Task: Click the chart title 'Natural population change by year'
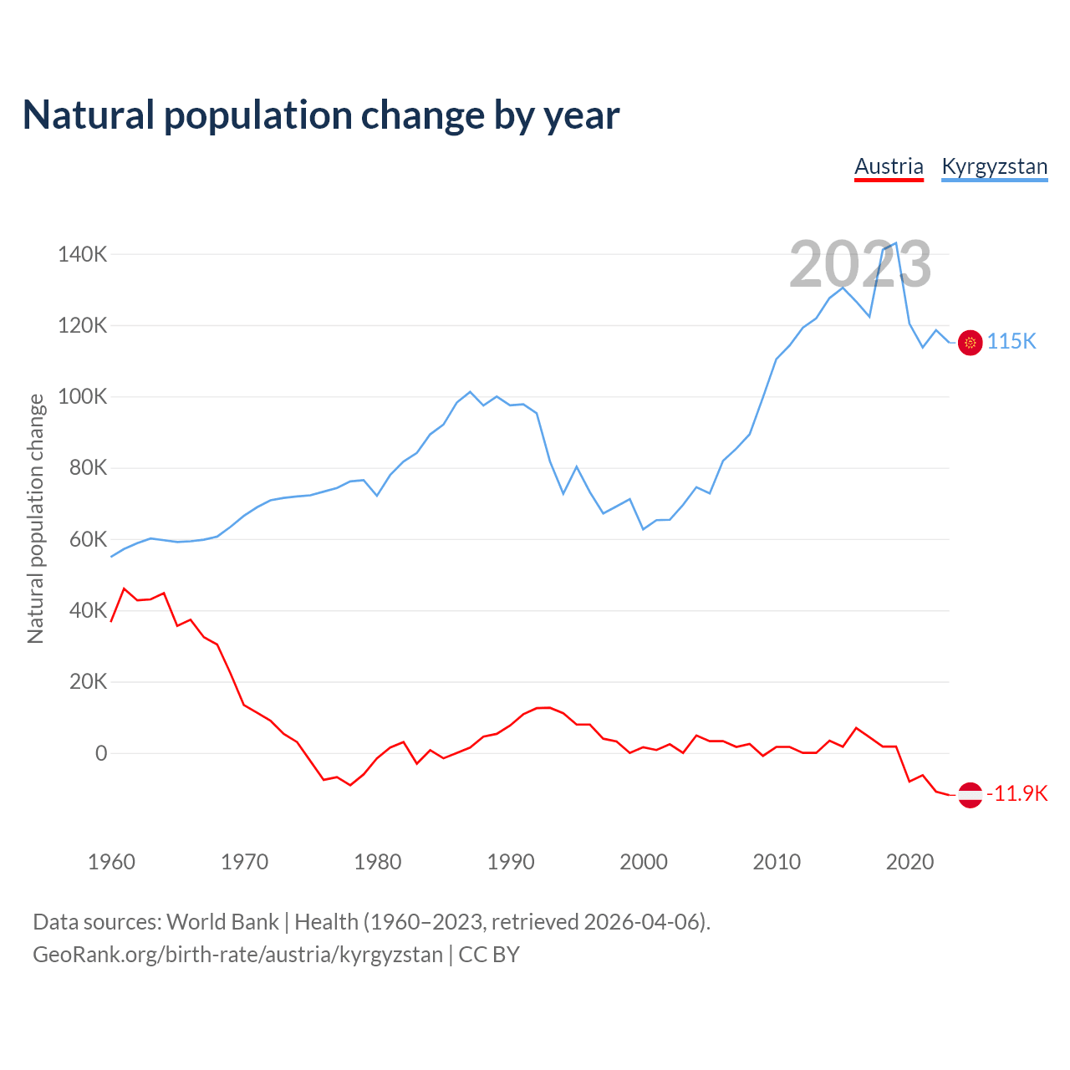[321, 115]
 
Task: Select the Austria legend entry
[889, 166]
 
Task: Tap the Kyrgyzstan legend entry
[994, 166]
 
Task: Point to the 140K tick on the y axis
[82, 254]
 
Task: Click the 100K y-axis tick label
[82, 396]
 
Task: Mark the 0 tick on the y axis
[101, 753]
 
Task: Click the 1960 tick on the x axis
[111, 862]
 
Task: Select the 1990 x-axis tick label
[511, 862]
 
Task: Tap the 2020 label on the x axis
[909, 862]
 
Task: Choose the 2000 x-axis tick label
[644, 862]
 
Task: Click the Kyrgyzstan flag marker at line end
[970, 342]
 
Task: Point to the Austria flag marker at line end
[970, 794]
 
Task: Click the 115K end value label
[1011, 342]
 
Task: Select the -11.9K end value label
[1016, 794]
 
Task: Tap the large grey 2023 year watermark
[860, 265]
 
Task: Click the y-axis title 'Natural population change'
[36, 518]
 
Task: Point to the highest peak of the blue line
[896, 243]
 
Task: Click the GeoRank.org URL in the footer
[237, 955]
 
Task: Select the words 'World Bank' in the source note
[222, 922]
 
